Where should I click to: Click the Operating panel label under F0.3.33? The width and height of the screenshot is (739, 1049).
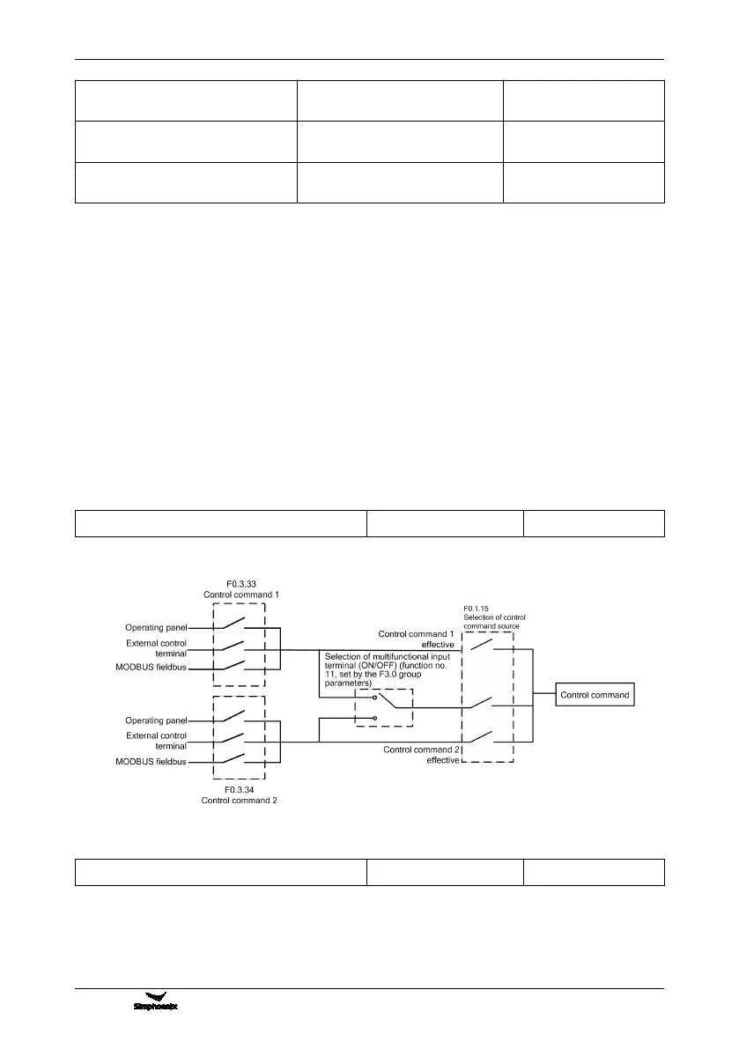[x=156, y=628]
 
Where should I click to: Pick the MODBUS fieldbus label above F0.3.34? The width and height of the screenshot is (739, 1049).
[x=151, y=762]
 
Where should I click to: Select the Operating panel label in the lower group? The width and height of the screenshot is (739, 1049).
[x=156, y=720]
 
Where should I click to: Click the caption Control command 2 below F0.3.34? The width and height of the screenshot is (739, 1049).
[x=239, y=801]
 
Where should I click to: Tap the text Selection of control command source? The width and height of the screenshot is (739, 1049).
[x=495, y=621]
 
